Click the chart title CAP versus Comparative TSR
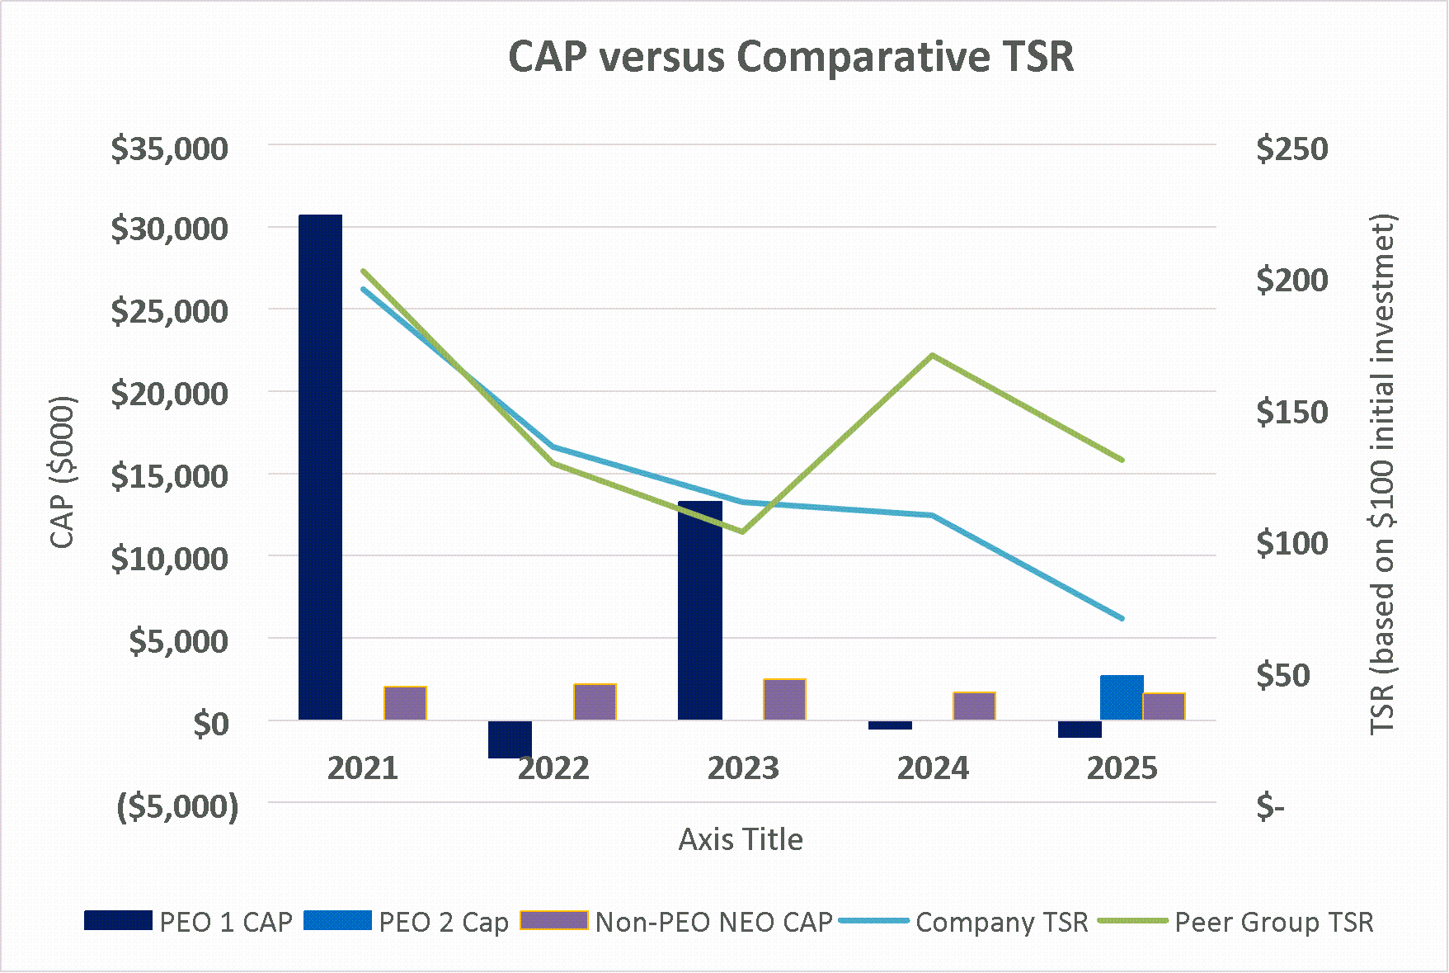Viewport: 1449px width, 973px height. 790,58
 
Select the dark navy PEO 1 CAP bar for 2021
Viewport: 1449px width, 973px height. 320,466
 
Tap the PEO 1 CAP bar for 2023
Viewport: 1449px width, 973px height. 700,611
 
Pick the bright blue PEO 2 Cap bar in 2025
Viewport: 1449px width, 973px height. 1122,698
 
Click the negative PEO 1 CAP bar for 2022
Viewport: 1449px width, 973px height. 510,739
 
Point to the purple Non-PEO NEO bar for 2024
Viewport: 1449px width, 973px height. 974,706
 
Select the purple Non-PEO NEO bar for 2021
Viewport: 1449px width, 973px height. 405,703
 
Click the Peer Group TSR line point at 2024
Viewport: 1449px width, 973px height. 932,356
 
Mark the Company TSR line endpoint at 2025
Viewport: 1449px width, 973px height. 1122,618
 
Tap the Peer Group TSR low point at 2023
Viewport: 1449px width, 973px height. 743,531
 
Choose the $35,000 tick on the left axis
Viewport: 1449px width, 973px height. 169,149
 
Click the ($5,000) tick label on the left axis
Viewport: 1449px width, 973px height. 177,805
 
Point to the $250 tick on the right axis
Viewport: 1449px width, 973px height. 1291,149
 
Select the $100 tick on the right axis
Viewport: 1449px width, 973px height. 1291,543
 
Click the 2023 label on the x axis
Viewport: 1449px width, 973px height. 743,768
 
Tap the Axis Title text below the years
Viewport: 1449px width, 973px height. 741,839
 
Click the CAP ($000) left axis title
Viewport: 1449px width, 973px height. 63,472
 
